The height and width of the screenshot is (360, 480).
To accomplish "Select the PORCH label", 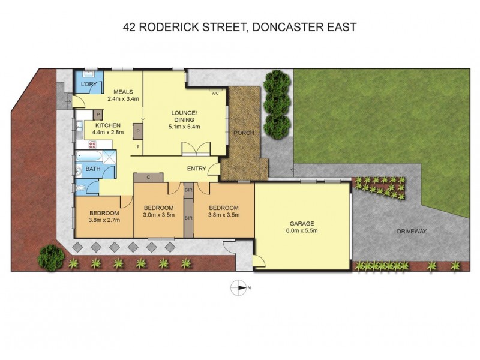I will [243, 133].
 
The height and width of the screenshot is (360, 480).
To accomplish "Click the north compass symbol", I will [239, 289].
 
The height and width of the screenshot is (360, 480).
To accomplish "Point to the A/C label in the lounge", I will [215, 93].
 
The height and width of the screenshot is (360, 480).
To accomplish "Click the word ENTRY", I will [197, 169].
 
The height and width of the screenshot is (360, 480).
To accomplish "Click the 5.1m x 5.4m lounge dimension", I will [184, 126].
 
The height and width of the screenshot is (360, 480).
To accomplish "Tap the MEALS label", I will [123, 91].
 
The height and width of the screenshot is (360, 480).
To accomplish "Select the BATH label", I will [92, 169].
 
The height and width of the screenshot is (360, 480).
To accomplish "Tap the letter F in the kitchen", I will [138, 147].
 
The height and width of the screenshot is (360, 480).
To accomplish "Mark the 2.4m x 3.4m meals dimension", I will [123, 99].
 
